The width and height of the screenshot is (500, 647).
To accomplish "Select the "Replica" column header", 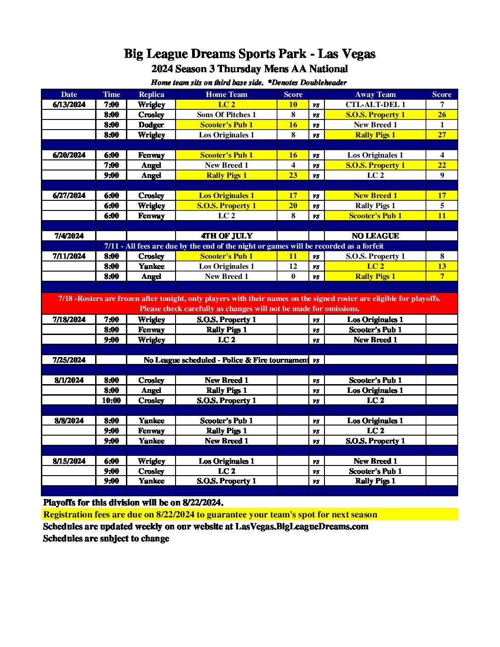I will pyautogui.click(x=151, y=94).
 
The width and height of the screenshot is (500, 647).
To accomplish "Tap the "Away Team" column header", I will pyautogui.click(x=375, y=94).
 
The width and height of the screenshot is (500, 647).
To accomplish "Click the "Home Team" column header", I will pyautogui.click(x=226, y=94).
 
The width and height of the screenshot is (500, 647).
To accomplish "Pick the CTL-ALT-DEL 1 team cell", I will pyautogui.click(x=375, y=104).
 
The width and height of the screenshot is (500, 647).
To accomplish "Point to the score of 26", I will pyautogui.click(x=442, y=114).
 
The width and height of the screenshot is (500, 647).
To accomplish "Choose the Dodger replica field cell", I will pyautogui.click(x=151, y=125).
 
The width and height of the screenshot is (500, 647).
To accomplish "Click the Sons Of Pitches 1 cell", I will pyautogui.click(x=226, y=114).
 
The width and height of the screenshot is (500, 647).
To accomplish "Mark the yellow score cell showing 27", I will pyautogui.click(x=442, y=135).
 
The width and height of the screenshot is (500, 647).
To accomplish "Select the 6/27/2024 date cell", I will pyautogui.click(x=69, y=195).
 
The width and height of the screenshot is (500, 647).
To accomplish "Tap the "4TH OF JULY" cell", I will pyautogui.click(x=227, y=236).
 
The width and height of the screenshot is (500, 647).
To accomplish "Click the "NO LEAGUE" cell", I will pyautogui.click(x=375, y=236).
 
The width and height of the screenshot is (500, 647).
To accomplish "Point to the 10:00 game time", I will pyautogui.click(x=111, y=400).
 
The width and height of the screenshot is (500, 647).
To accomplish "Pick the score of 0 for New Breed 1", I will pyautogui.click(x=293, y=276).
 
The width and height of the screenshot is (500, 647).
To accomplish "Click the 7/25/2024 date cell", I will pyautogui.click(x=69, y=360).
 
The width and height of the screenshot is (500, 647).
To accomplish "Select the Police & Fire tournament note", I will pyautogui.click(x=226, y=360).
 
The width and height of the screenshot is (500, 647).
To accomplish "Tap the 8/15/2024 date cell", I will pyautogui.click(x=69, y=461).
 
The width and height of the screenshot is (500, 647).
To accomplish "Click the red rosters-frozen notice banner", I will pyautogui.click(x=250, y=303).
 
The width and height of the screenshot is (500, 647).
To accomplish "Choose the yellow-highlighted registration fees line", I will pyautogui.click(x=210, y=514).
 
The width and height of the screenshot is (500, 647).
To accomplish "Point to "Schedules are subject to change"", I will pyautogui.click(x=106, y=538).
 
